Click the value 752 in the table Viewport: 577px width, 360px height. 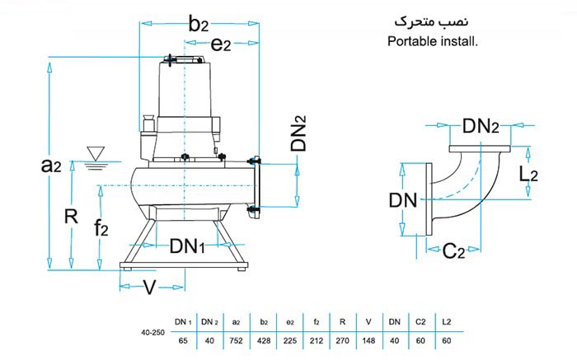click(236, 339)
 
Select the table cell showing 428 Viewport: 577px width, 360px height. click(264, 339)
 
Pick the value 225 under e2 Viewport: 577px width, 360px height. click(292, 339)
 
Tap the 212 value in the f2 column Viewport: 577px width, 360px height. click(319, 339)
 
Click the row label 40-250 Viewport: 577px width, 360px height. click(152, 331)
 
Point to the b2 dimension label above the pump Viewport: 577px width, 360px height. click(199, 23)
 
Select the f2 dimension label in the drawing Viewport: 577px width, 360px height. click(101, 228)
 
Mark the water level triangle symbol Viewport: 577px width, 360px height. click(96, 152)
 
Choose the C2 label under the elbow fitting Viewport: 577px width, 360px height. click(454, 251)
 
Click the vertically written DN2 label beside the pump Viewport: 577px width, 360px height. click(299, 132)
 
